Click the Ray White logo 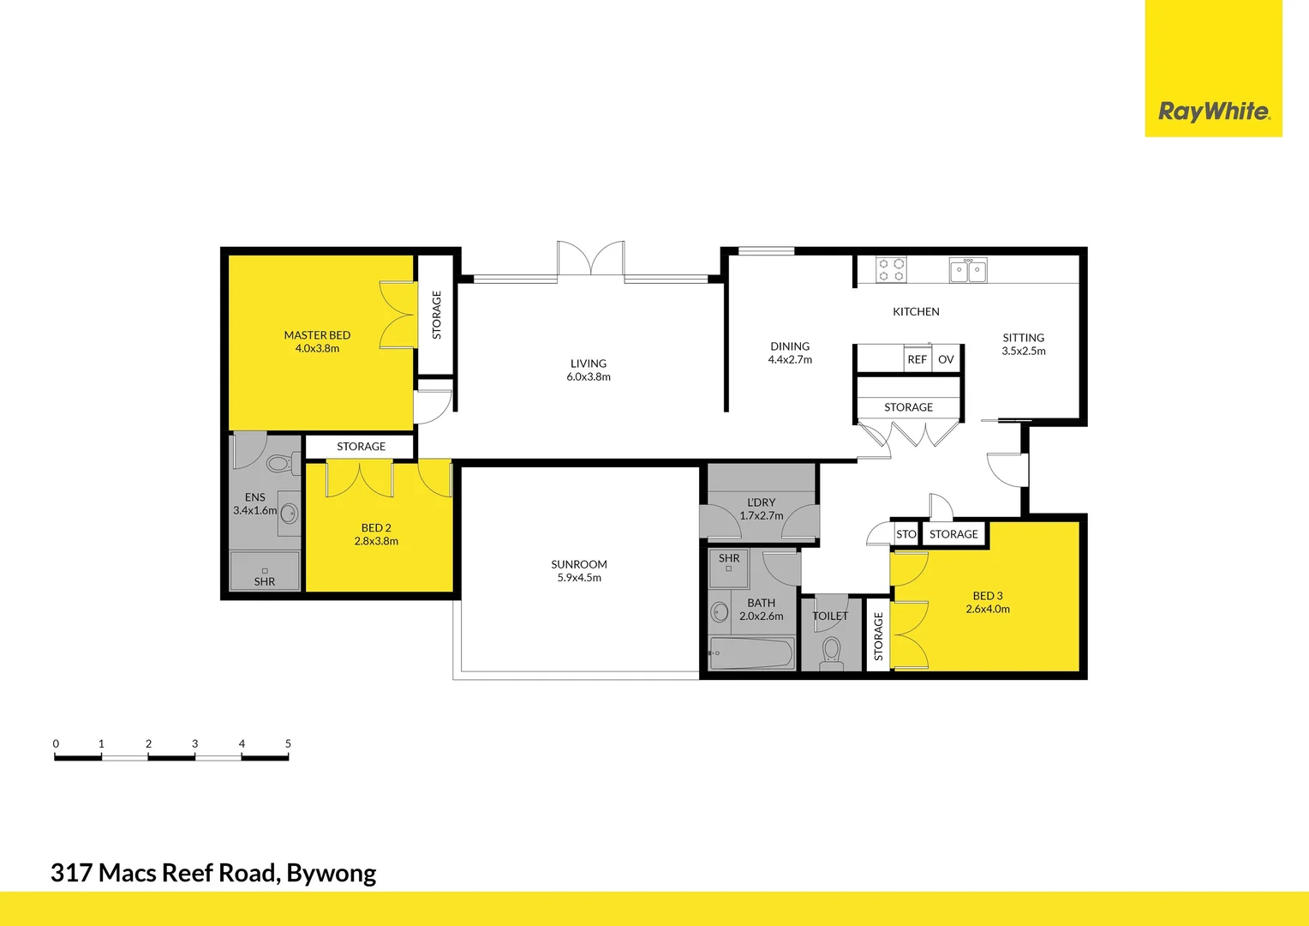[1213, 111]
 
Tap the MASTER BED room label [317, 335]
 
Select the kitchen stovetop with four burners [891, 270]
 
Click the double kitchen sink [968, 271]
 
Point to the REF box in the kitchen [917, 359]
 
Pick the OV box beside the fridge [946, 359]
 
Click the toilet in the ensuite [279, 464]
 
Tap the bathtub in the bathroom [751, 654]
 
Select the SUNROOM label [579, 564]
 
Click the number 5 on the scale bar [288, 743]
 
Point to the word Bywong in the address [331, 873]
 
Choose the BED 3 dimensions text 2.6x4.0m [988, 609]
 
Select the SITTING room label [1024, 338]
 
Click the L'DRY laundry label [761, 502]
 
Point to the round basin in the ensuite [290, 514]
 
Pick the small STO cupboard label [906, 534]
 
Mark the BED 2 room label [376, 528]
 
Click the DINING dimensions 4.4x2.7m [790, 360]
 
